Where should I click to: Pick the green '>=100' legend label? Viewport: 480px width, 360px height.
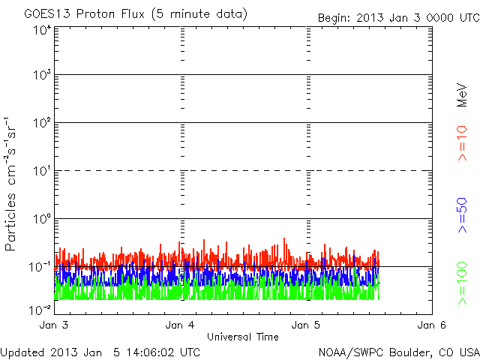coord(463,284)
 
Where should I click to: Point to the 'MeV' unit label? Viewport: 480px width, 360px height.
coord(463,94)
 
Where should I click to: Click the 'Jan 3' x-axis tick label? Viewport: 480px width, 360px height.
coord(54,325)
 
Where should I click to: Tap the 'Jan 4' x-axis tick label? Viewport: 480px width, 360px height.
coord(180,325)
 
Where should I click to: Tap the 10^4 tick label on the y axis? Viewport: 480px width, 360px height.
coord(41,30)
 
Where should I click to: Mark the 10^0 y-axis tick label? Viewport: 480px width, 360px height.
coord(41,220)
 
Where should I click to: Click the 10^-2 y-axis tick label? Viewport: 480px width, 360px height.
coord(41,308)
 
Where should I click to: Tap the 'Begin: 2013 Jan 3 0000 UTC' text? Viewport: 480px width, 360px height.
coord(397,16)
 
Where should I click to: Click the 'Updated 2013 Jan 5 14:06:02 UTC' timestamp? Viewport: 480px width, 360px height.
coord(100,351)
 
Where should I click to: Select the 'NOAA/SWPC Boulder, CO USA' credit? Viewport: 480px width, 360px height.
coord(398,351)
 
